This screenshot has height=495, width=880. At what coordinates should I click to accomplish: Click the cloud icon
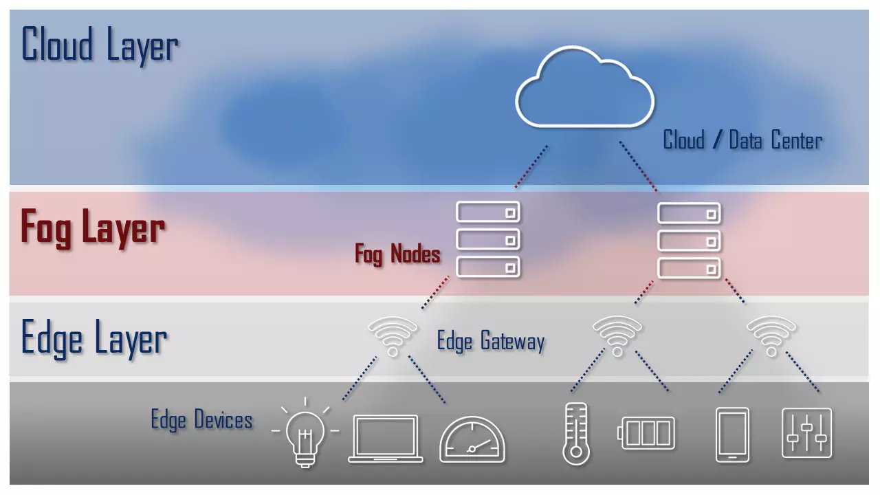tap(584, 88)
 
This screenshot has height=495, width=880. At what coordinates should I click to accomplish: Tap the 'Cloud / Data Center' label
tap(742, 140)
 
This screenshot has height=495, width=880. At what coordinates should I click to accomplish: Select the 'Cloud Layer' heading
tap(100, 45)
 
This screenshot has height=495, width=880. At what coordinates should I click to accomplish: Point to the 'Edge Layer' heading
tap(94, 338)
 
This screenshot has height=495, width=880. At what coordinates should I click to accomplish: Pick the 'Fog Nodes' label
tap(397, 254)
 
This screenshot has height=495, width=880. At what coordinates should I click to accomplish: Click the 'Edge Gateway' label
tap(491, 341)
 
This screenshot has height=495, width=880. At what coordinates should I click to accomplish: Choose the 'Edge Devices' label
tap(201, 419)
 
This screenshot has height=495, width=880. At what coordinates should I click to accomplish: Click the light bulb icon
tap(305, 434)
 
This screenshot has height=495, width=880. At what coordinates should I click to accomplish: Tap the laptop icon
tap(385, 439)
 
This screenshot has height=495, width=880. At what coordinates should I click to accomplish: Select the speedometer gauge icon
tap(472, 440)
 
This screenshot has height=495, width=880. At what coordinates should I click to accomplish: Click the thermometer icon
tap(575, 434)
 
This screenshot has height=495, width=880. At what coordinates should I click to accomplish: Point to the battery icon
tap(648, 433)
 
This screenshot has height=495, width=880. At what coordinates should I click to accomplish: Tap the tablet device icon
tap(732, 435)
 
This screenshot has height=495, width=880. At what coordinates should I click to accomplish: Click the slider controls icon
tap(807, 433)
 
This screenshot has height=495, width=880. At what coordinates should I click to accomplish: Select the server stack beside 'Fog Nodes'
tap(488, 239)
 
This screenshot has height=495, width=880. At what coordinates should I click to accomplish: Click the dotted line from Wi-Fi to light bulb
tap(360, 377)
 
